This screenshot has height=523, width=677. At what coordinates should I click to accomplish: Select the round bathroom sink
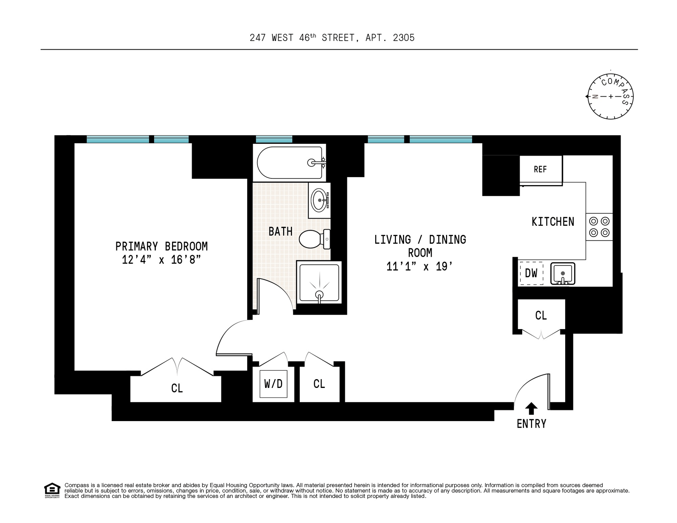pyautogui.click(x=319, y=200)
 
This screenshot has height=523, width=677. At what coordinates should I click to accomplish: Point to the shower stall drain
pyautogui.click(x=319, y=295)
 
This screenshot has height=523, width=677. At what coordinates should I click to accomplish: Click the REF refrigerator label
pyautogui.click(x=540, y=169)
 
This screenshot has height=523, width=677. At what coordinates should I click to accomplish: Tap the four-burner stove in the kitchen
pyautogui.click(x=599, y=227)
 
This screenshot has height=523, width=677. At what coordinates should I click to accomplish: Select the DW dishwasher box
pyautogui.click(x=531, y=273)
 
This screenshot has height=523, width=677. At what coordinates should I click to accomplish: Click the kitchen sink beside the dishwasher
pyautogui.click(x=563, y=273)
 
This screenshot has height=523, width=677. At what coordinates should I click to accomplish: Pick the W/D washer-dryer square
pyautogui.click(x=273, y=384)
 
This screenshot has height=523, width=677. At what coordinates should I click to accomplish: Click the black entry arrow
pyautogui.click(x=531, y=409)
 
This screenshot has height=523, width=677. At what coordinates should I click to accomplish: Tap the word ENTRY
pyautogui.click(x=531, y=424)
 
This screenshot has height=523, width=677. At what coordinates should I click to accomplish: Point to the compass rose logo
pyautogui.click(x=610, y=96)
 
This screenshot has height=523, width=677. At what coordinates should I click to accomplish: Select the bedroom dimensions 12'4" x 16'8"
pyautogui.click(x=161, y=260)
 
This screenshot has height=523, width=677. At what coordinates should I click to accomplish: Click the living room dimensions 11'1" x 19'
pyautogui.click(x=420, y=266)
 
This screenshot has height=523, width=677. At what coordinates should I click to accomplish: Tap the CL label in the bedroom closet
pyautogui.click(x=177, y=388)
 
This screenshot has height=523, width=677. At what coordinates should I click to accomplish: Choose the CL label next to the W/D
pyautogui.click(x=319, y=384)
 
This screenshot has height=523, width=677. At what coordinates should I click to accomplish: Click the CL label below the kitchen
pyautogui.click(x=541, y=315)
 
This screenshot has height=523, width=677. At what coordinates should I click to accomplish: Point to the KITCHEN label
pyautogui.click(x=553, y=222)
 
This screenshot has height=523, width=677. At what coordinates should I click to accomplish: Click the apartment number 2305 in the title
pyautogui.click(x=404, y=38)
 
